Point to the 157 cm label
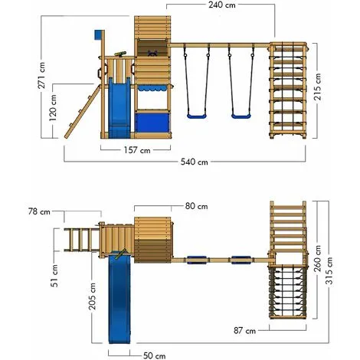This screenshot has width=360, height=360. pos(135,149)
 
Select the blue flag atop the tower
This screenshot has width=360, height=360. pos(97,35)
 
